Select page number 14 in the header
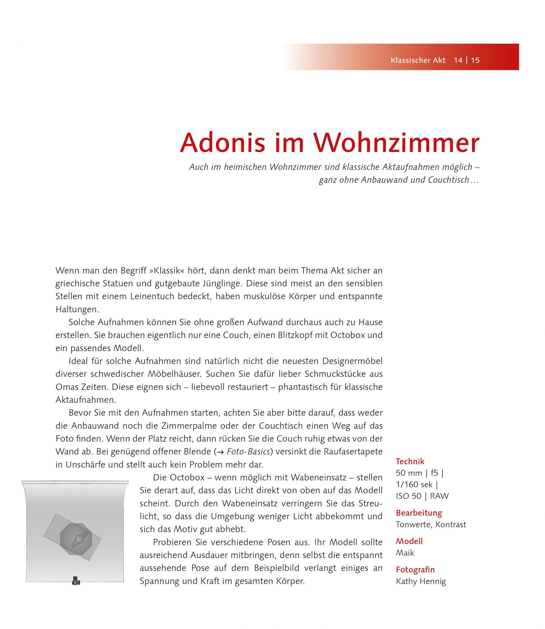pyautogui.click(x=458, y=60)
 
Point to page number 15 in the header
pyautogui.click(x=475, y=60)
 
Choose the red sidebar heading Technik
pyautogui.click(x=410, y=461)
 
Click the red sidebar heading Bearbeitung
pyautogui.click(x=419, y=513)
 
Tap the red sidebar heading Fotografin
pyautogui.click(x=415, y=570)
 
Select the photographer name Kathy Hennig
pyautogui.click(x=421, y=582)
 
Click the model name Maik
pyautogui.click(x=405, y=553)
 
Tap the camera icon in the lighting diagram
pyautogui.click(x=76, y=581)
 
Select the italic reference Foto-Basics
pyautogui.click(x=248, y=452)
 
